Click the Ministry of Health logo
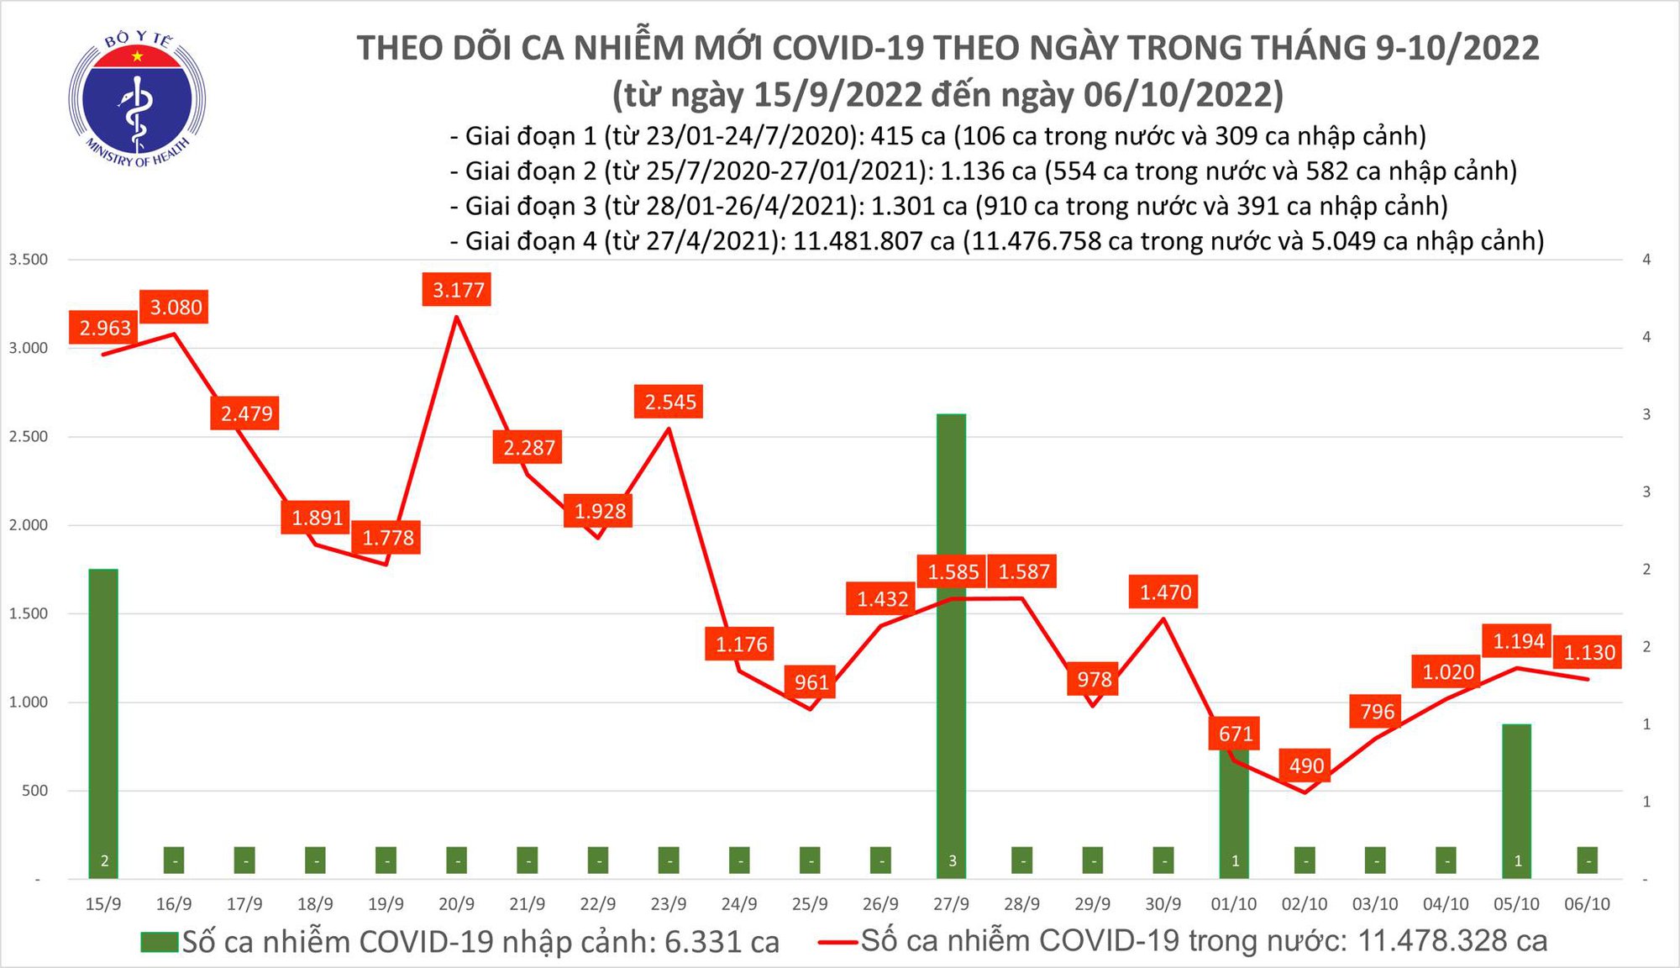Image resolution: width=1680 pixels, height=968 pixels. [x=137, y=100]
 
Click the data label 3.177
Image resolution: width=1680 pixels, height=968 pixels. [x=458, y=291]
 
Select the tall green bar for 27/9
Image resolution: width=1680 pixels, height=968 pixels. [x=951, y=639]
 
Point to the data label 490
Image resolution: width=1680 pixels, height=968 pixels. [x=1306, y=765]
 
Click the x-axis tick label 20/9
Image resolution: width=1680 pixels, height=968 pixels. [x=456, y=904]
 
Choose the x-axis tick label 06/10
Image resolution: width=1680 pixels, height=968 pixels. [x=1587, y=904]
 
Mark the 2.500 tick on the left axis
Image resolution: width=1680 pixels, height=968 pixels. [x=29, y=436]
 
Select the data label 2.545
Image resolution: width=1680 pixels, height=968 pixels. [x=669, y=402]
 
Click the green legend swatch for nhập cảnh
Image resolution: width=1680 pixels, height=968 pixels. [x=160, y=942]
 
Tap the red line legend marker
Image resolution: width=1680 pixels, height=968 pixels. [x=838, y=942]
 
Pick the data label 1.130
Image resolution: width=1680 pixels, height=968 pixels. [x=1588, y=653]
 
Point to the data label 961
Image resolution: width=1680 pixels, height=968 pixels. [x=811, y=681]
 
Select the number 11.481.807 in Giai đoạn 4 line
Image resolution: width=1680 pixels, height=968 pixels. [x=874, y=241]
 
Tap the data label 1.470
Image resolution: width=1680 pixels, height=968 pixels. [x=1165, y=592]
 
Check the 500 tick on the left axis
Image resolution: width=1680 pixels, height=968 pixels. [x=34, y=791]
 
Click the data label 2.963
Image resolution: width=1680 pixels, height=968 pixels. [x=105, y=328]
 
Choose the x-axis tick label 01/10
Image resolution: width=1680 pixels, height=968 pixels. [x=1233, y=904]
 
